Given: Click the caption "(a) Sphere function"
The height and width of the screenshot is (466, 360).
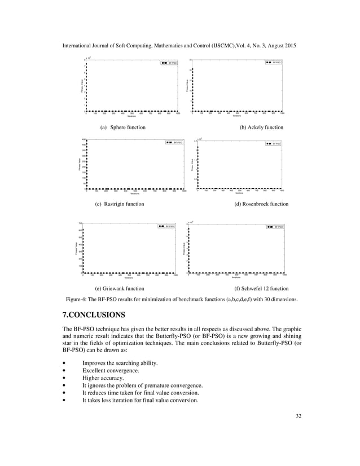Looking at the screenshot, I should point(122,128).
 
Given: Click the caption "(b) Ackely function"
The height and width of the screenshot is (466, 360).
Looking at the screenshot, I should point(261,128).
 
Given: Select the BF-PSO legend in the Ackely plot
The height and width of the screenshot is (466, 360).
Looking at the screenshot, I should point(273,63).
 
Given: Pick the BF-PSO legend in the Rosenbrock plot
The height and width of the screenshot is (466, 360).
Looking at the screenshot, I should point(273,144).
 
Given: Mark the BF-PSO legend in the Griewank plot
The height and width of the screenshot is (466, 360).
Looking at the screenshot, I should point(166,226).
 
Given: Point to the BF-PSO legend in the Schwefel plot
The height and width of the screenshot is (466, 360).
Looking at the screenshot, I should point(275,226).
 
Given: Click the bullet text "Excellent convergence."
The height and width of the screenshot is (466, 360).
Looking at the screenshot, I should point(111,370).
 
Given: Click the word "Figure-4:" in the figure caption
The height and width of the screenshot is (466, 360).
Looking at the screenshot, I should point(77,299).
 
